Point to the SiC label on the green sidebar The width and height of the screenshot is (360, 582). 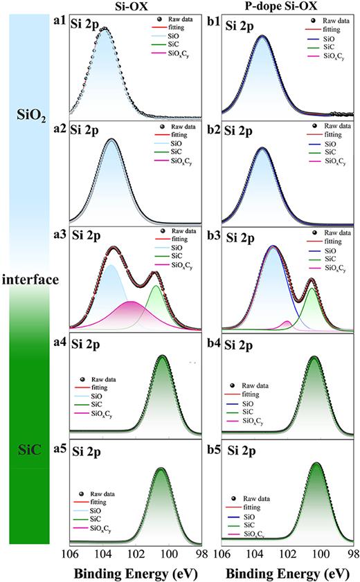28,451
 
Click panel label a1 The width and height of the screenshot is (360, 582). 61,22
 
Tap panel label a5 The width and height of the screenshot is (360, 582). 61,448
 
